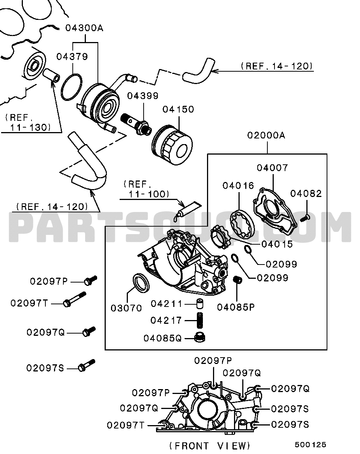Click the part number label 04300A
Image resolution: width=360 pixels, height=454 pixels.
[x=84, y=28]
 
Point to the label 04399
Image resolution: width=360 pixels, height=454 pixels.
[x=142, y=96]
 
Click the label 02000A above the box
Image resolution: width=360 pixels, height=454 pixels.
[x=266, y=135]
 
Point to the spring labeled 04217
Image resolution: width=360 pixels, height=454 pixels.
[x=200, y=320]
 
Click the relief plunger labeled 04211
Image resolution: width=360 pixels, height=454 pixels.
[x=200, y=304]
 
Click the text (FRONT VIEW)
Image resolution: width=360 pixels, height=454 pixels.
[x=210, y=446]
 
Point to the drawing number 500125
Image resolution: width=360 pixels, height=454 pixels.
[x=310, y=445]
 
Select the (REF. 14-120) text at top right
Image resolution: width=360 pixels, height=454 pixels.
[x=277, y=66]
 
